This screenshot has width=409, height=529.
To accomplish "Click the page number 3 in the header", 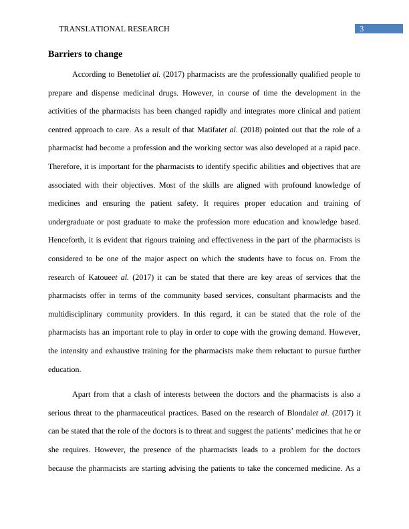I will [x=362, y=29].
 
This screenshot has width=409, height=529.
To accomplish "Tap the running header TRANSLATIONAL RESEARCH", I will [x=114, y=29].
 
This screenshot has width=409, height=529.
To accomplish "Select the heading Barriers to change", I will [x=85, y=54].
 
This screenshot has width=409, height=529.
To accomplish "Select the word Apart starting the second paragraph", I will [x=83, y=395].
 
